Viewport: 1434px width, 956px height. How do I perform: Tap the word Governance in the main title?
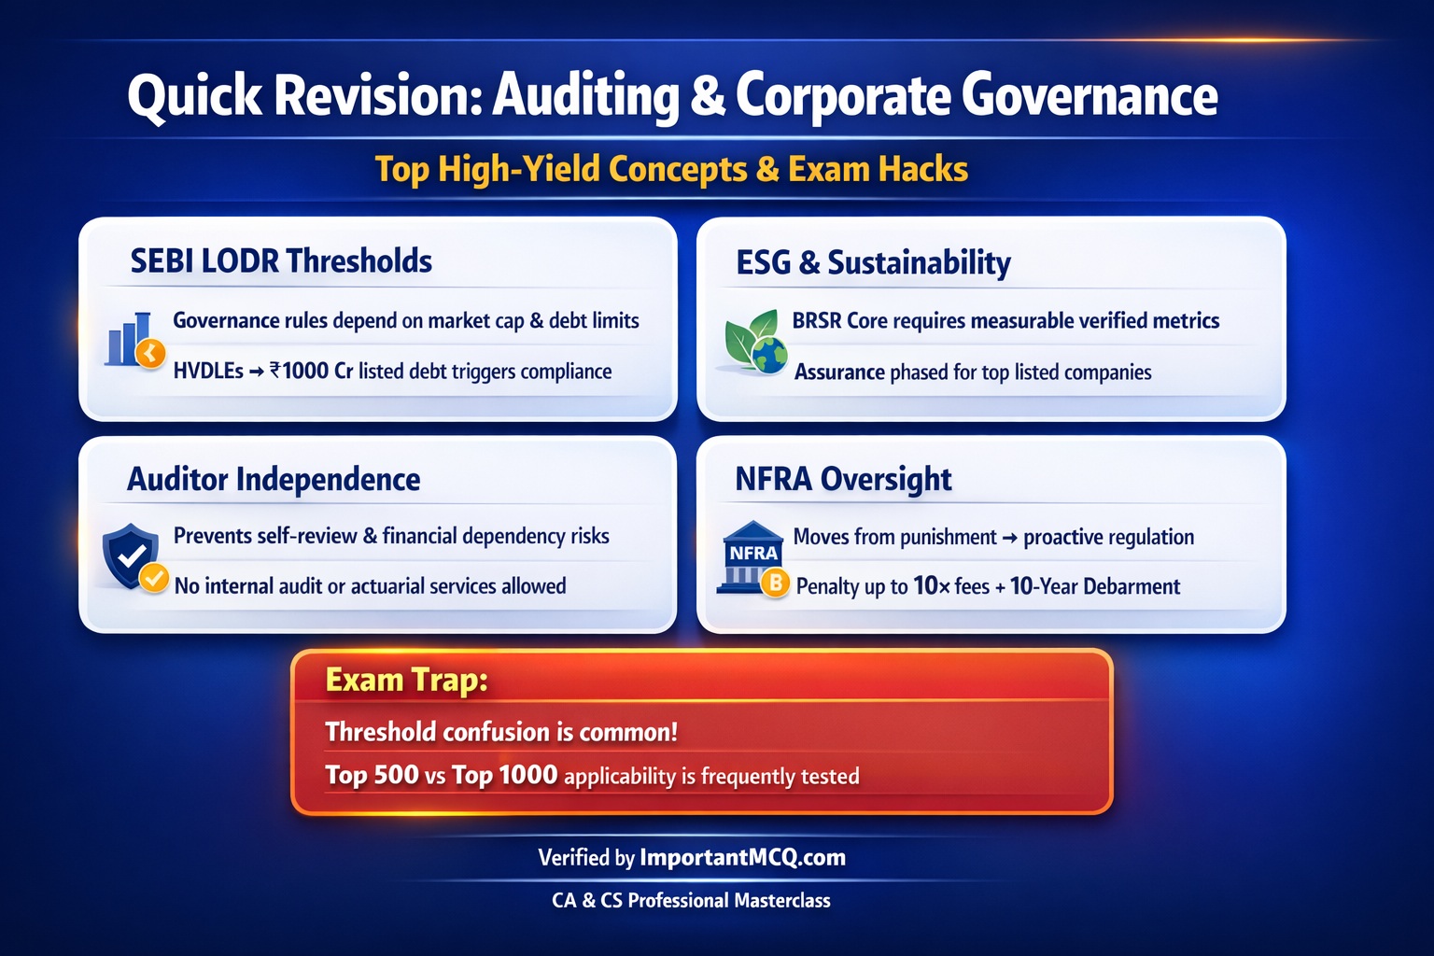(x=1089, y=96)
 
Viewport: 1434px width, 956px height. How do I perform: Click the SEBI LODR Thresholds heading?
(x=281, y=261)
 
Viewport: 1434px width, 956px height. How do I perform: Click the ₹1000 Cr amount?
(x=311, y=372)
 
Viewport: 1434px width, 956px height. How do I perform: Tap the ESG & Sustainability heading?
(x=873, y=263)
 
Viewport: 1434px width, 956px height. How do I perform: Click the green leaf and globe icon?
(x=755, y=343)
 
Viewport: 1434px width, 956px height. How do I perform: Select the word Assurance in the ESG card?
(x=839, y=373)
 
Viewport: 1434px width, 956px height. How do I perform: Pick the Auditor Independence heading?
(x=274, y=480)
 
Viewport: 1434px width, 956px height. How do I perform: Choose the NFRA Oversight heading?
(x=843, y=480)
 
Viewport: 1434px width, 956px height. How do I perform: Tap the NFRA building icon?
(x=751, y=558)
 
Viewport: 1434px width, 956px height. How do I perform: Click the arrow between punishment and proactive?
(x=1009, y=538)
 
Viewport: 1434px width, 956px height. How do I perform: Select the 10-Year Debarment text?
(x=1094, y=586)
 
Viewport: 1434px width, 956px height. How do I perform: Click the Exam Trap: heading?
(x=406, y=681)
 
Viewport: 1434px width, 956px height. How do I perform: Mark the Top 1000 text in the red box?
(x=504, y=776)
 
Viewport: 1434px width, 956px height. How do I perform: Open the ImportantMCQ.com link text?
(x=742, y=858)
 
